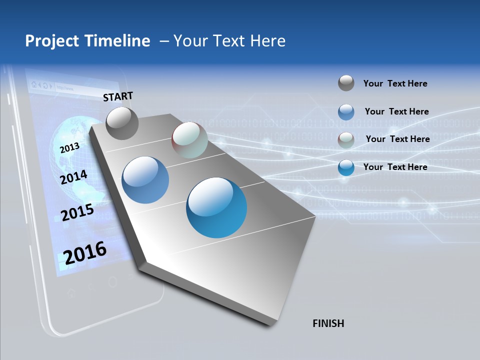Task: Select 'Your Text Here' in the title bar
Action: (x=229, y=41)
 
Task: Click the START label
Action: (x=118, y=96)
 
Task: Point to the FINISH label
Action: (x=328, y=323)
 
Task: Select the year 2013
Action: (x=69, y=148)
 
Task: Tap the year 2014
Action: (x=73, y=177)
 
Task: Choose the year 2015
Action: (x=77, y=212)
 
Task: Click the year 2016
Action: (x=85, y=253)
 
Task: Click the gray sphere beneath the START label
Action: (x=122, y=123)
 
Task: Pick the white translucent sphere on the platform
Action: (x=189, y=139)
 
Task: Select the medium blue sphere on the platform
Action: (x=145, y=179)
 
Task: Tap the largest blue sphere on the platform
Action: (x=216, y=207)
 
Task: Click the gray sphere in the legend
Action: (x=346, y=83)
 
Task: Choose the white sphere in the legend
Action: (x=346, y=139)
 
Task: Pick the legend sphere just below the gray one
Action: (x=346, y=112)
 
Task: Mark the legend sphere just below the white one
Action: (x=346, y=167)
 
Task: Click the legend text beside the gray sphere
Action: (x=395, y=83)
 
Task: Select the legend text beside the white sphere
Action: (x=397, y=139)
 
